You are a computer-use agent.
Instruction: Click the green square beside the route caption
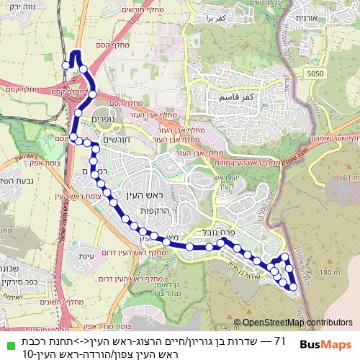[7, 340]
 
